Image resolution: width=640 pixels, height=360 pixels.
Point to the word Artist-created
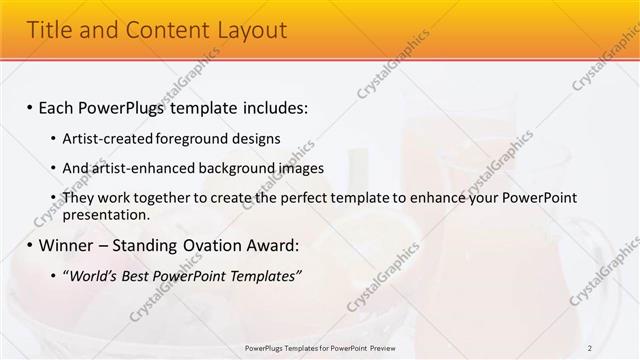(x=103, y=138)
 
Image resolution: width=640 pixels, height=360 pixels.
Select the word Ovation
(x=207, y=245)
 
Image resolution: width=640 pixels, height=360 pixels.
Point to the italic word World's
(x=91, y=275)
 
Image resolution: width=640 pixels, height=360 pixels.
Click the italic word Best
(x=136, y=275)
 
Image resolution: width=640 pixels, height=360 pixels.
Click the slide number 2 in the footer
(x=590, y=348)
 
